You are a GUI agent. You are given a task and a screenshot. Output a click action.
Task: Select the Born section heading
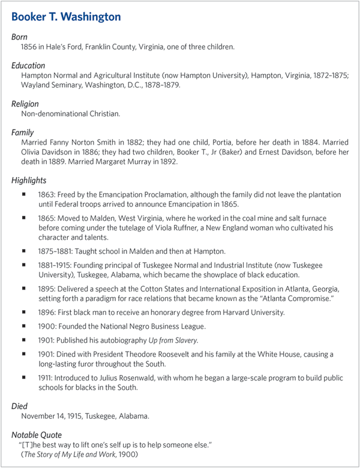[x=20, y=37]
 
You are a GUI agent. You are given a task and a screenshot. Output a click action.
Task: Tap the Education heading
[x=28, y=65]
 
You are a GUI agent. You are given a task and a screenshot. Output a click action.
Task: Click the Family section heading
[x=23, y=132]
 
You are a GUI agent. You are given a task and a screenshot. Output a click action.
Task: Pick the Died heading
[x=20, y=406]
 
